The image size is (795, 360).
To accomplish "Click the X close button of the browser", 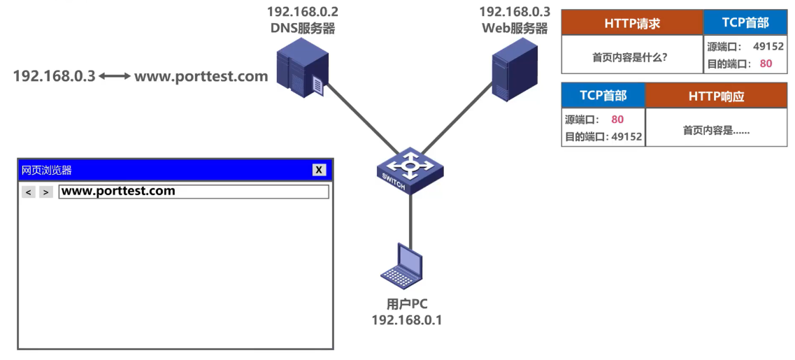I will (319, 170).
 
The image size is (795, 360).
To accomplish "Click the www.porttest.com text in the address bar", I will (118, 191).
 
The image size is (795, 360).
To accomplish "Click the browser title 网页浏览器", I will (47, 170).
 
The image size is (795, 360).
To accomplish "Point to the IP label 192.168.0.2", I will (302, 12).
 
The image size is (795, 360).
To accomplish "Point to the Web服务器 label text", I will (514, 28).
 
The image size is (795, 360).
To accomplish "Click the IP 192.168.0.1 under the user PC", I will (406, 320).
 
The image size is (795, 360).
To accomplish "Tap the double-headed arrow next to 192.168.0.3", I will (115, 76).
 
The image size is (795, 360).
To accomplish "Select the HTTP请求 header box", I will (632, 23).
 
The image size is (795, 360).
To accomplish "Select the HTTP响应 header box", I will (716, 96).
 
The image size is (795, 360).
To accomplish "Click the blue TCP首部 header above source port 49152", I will (745, 23).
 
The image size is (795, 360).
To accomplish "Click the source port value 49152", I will (768, 47).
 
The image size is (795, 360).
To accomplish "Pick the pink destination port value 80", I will (766, 64).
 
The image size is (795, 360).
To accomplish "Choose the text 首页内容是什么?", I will (629, 57).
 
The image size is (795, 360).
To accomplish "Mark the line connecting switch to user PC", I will (410, 217).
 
